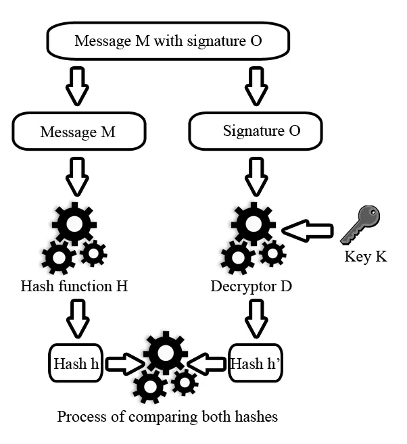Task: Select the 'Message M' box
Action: click(x=78, y=131)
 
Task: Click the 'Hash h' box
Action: click(x=76, y=364)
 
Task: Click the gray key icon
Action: click(x=360, y=225)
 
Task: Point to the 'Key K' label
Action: click(x=366, y=257)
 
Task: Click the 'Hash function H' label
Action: click(x=74, y=286)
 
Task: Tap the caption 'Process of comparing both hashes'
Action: click(x=167, y=416)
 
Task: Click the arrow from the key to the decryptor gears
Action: click(x=307, y=232)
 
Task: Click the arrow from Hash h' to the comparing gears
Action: click(x=208, y=365)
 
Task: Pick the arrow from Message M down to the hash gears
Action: click(x=78, y=176)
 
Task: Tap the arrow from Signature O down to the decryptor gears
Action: click(x=256, y=176)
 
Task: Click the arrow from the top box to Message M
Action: click(x=78, y=85)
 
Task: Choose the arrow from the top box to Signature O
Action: click(x=256, y=85)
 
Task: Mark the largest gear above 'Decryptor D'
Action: click(x=252, y=223)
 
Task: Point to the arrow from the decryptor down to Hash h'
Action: click(x=256, y=318)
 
